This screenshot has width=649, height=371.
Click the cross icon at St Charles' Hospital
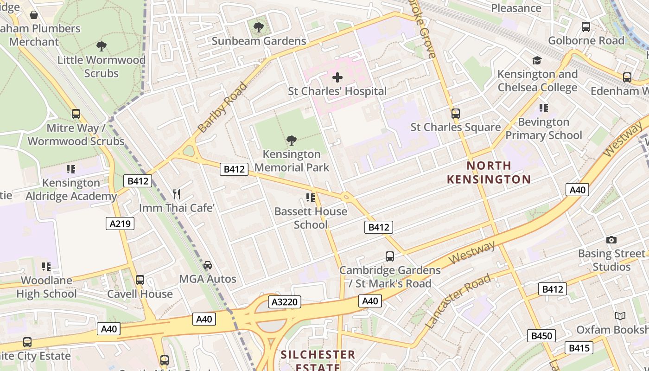point(337,77)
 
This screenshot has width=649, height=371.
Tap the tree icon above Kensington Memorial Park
point(292,140)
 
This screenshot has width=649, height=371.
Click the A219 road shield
point(120,224)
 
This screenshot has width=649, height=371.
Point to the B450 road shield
point(541,336)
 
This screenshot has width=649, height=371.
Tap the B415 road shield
point(579,348)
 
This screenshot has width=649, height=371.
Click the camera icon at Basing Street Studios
point(611,240)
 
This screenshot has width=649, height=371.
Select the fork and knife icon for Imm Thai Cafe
point(177,194)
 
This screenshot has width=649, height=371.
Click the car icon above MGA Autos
point(208,265)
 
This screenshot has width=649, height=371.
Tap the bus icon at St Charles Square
point(456,113)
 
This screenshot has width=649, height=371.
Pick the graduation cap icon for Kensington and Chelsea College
point(537,60)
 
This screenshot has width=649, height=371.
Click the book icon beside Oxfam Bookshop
point(620,316)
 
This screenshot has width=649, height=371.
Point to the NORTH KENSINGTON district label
point(489,172)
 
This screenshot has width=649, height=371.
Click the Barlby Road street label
point(222,107)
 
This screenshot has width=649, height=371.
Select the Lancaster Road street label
point(458,301)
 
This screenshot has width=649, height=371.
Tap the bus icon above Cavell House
point(140,280)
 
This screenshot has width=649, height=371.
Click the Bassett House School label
point(311,218)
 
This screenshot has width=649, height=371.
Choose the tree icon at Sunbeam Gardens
point(259,27)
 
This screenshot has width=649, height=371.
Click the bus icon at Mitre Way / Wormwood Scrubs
point(76,114)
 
